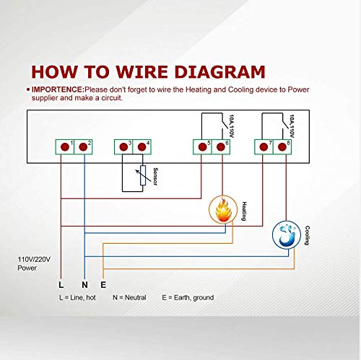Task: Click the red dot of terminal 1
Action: point(65,147)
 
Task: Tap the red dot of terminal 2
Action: point(83,147)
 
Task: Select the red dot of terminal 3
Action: point(123,147)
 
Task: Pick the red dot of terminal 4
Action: point(142,147)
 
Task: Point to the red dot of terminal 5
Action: point(202,147)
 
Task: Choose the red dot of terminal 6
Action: point(221,147)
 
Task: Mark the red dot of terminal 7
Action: point(264,147)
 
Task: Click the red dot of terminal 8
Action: point(282,147)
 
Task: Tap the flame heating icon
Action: point(223,210)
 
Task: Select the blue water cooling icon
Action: point(287,235)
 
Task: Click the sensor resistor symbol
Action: point(143,175)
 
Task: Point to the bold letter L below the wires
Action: point(61,285)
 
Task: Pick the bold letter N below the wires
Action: point(84,285)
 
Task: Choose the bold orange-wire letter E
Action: point(103,285)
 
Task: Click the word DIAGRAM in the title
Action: point(219,71)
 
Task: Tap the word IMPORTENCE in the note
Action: point(57,89)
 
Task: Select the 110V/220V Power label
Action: point(34,263)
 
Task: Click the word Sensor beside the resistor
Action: point(155,177)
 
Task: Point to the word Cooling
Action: point(307,235)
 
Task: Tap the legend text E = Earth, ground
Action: point(188,298)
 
